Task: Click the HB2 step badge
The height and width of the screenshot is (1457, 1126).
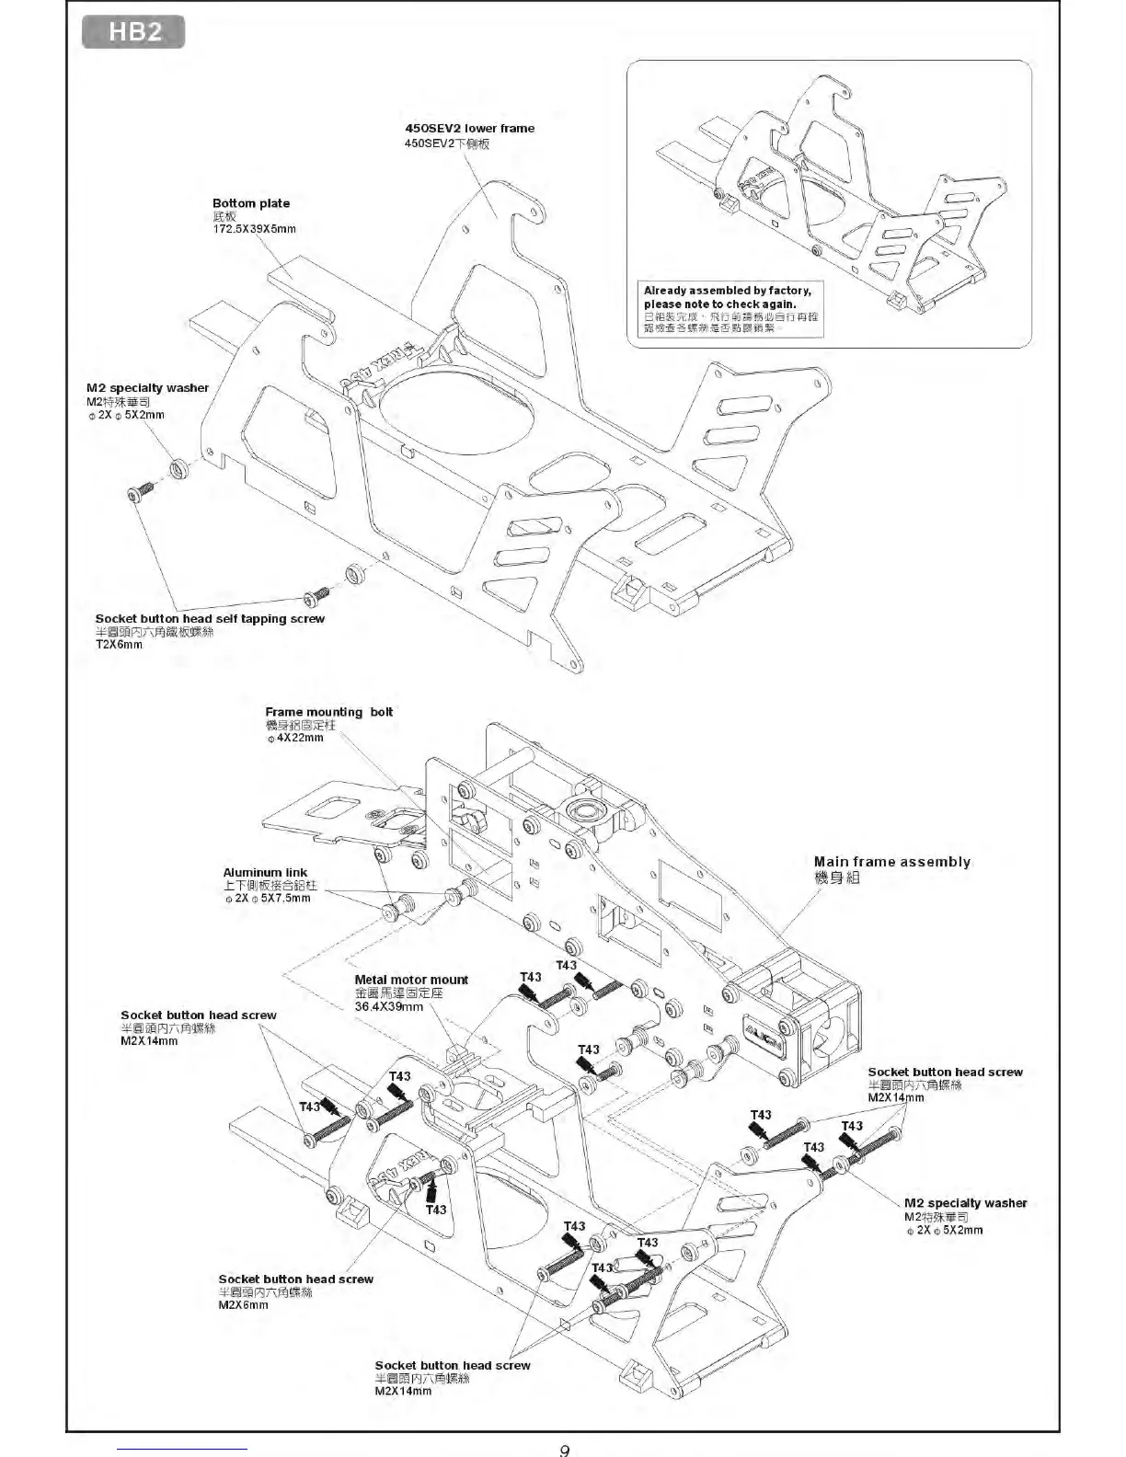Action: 134,32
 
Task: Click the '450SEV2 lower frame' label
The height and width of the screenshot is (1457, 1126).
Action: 469,129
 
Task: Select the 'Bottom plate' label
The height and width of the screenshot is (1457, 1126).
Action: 250,203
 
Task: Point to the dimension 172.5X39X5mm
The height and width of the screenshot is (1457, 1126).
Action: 254,228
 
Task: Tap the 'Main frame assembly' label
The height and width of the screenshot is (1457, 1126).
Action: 891,862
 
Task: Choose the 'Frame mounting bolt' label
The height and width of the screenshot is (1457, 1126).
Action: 328,712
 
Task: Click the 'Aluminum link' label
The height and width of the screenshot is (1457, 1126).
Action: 265,872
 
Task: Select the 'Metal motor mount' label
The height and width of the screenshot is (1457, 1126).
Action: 411,980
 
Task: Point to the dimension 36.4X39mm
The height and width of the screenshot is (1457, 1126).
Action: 388,1006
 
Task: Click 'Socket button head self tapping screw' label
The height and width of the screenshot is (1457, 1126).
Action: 210,619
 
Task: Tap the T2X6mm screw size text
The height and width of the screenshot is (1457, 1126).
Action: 119,645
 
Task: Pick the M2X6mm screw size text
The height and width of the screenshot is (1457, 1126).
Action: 243,1304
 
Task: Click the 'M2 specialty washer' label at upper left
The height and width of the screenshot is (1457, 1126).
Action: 147,388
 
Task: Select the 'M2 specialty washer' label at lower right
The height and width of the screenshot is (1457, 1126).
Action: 965,1203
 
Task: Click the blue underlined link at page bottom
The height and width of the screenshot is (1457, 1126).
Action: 183,1449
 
